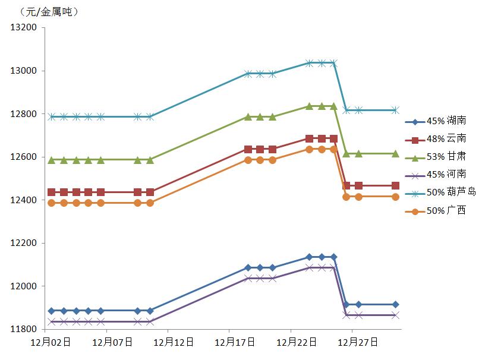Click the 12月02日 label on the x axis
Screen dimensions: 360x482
point(51,343)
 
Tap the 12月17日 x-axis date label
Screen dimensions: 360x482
point(235,343)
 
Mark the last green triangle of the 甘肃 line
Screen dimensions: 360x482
point(395,153)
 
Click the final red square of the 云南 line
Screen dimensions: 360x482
point(395,186)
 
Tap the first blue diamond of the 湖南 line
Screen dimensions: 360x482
point(52,311)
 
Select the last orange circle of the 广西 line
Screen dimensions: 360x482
point(395,197)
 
